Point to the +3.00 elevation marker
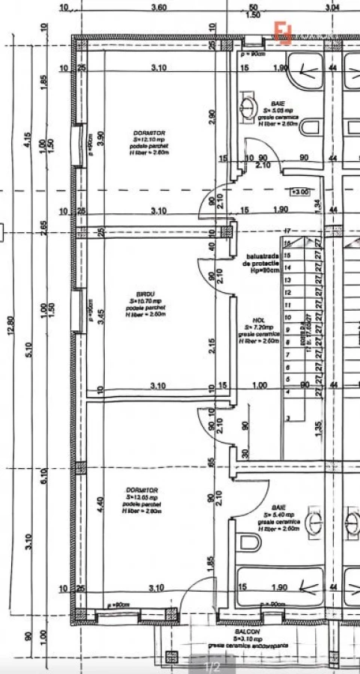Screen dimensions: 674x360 coord(300,192)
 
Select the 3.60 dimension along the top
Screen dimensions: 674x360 coord(159,7)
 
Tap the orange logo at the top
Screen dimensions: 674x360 coord(284,32)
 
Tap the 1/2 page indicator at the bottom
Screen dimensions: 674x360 coord(213,665)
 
